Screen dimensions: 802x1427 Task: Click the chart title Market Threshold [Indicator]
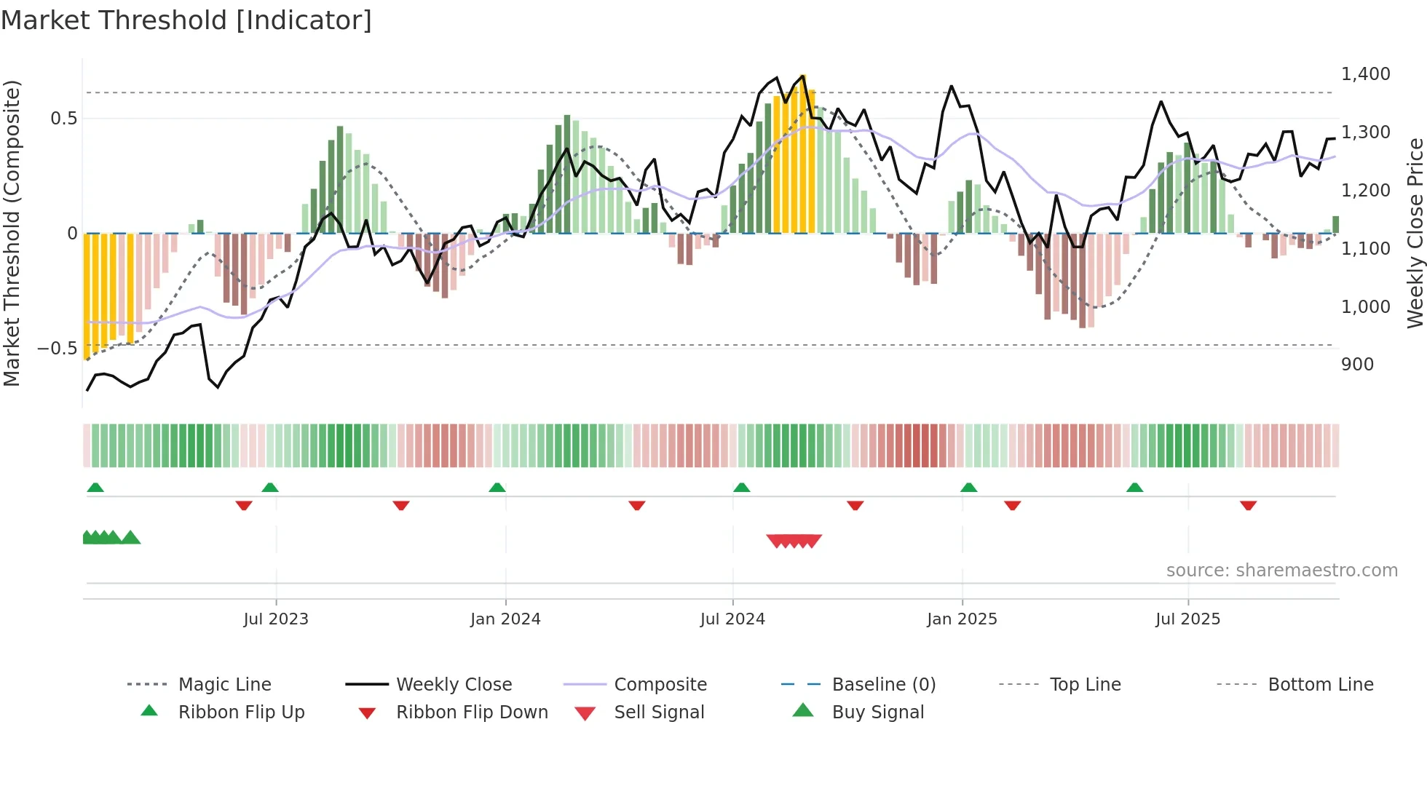186,20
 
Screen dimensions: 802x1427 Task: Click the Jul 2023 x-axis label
276,619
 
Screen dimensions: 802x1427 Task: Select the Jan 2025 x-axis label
962,619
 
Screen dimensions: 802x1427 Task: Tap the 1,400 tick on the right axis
1365,74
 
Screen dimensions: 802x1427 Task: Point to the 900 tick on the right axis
1357,364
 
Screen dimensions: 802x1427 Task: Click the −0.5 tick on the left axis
58,348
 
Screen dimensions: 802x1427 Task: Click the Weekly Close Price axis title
1415,233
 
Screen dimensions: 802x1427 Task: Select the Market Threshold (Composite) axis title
12,233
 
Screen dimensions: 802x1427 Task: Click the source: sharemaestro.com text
1281,570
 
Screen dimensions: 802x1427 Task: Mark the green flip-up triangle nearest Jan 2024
497,488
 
